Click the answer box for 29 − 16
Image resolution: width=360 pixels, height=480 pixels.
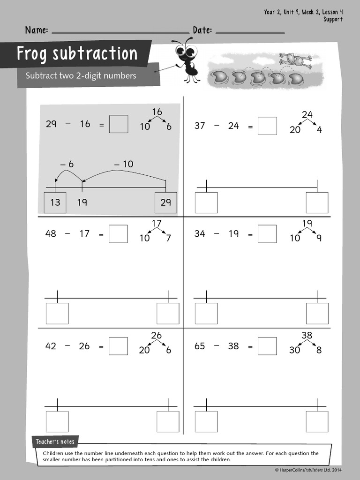[119, 124]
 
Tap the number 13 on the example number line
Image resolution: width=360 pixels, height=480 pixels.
[55, 202]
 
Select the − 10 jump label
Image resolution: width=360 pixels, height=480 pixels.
[123, 164]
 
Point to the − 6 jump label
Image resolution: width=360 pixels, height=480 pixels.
[67, 164]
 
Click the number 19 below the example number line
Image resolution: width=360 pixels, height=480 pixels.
[82, 202]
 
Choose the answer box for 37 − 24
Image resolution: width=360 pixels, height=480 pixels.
[267, 126]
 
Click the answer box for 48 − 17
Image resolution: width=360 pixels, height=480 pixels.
[118, 234]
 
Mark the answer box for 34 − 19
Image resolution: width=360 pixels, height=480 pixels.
[267, 234]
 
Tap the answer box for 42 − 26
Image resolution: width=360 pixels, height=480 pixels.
[118, 346]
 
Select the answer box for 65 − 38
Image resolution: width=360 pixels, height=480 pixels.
[267, 346]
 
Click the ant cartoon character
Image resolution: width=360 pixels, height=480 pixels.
[187, 61]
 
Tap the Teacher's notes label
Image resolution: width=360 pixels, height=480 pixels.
[55, 442]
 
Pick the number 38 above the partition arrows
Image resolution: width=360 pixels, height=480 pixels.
[307, 336]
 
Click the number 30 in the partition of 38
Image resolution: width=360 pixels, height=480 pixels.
[294, 350]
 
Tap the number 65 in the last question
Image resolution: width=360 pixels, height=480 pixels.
[200, 346]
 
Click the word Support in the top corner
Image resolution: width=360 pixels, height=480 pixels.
[333, 19]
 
